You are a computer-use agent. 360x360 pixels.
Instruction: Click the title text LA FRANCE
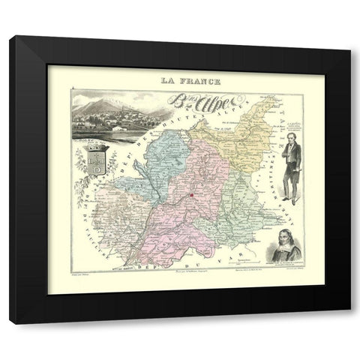[x=180, y=79]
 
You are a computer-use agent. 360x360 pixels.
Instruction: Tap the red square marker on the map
[x=191, y=196]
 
